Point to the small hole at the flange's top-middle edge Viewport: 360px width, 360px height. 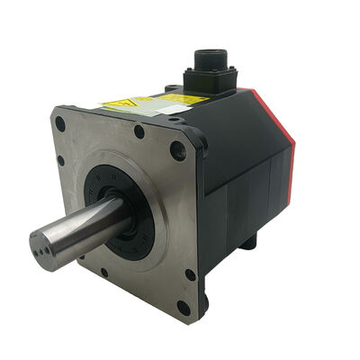pyautogui.click(x=139, y=131)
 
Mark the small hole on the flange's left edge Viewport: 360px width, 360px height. pyautogui.click(x=60, y=161)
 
